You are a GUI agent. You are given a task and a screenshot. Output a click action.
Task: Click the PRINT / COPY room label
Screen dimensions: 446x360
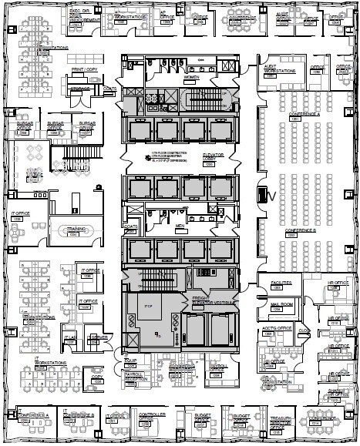click(x=86, y=70)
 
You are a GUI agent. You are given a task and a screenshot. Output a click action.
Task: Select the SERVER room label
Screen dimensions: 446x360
click(x=98, y=337)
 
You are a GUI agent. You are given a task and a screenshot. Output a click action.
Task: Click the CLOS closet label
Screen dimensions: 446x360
click(x=304, y=331)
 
